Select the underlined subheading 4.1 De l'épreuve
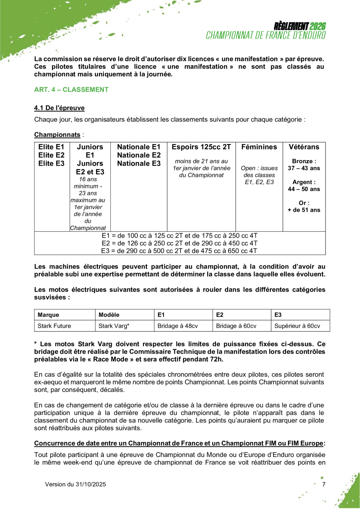(x=60, y=108)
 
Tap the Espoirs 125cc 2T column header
(x=201, y=148)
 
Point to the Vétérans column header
(x=304, y=148)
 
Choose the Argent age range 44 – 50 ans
(x=304, y=189)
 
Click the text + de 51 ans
(x=304, y=210)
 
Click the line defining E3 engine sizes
(x=179, y=250)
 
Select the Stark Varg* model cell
(x=114, y=325)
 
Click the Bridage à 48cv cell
(x=177, y=325)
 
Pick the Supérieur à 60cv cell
(x=297, y=325)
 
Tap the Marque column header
(x=48, y=315)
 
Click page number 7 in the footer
(x=324, y=484)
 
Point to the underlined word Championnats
(x=57, y=135)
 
